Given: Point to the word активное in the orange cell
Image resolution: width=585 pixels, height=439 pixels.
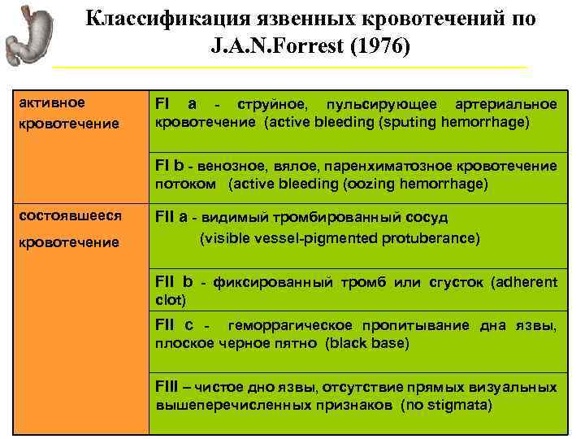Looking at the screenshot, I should (x=51, y=102).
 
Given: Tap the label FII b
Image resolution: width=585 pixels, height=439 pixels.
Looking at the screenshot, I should (x=174, y=282).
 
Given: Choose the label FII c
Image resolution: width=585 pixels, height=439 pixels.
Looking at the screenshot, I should (x=174, y=325).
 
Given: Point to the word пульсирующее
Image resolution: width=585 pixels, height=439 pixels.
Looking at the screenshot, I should (x=378, y=105).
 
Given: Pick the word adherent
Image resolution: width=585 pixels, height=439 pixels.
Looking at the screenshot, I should (x=526, y=282).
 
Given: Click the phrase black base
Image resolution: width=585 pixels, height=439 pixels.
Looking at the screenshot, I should (x=366, y=343).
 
